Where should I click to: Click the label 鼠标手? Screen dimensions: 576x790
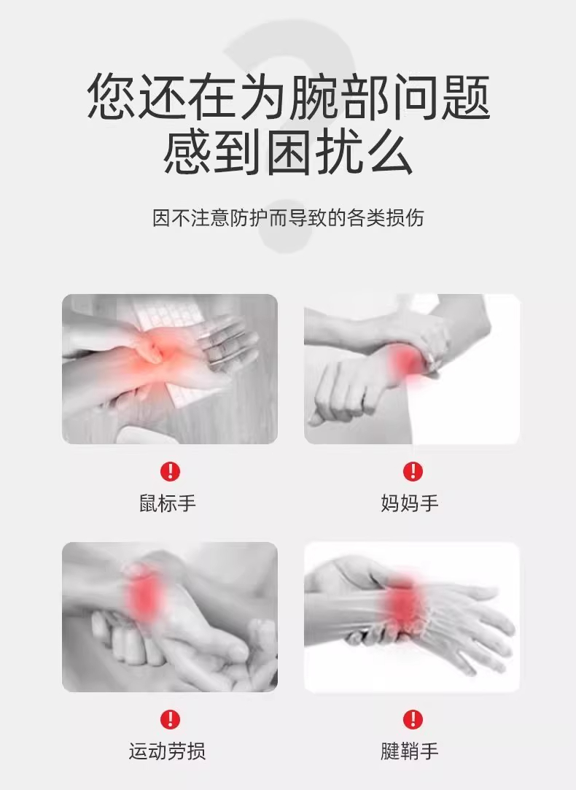pos(168,503)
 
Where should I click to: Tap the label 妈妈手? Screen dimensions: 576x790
pos(410,503)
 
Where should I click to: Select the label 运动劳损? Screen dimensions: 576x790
pos(167,751)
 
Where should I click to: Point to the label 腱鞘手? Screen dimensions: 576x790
pos(410,751)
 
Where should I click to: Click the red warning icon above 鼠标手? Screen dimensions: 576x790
pos(170,471)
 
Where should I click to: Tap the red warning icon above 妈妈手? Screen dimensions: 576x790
pos(413,471)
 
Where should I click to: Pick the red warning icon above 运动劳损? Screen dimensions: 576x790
pos(170,719)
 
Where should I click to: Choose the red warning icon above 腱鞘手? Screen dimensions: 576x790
pos(413,719)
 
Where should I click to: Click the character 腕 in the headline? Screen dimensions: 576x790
pos(314,97)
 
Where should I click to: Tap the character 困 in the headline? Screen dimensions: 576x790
pos(288,151)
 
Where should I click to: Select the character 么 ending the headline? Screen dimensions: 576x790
pos(389,151)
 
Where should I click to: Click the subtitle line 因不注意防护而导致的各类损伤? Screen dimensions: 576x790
pos(288,218)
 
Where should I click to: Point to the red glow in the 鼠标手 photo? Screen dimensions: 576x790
pos(151,352)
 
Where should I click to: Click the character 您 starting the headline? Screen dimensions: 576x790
pos(112,97)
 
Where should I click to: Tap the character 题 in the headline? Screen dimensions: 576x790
pos(465,97)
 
